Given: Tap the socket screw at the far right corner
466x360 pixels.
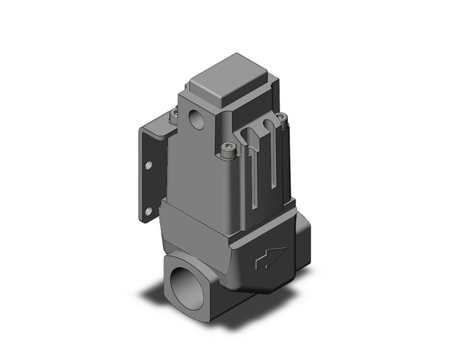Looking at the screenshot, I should (x=281, y=117).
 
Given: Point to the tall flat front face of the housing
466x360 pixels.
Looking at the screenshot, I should (x=202, y=172).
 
